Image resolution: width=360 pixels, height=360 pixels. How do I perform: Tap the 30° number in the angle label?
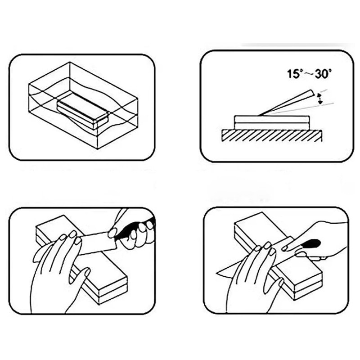[x=323, y=74]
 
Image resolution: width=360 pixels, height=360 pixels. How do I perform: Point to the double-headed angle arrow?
[x=319, y=99]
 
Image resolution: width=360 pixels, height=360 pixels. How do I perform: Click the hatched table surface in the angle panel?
[x=272, y=136]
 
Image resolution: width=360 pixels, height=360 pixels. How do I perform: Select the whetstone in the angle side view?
[x=272, y=122]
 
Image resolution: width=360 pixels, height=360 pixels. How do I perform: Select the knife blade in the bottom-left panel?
[x=96, y=243]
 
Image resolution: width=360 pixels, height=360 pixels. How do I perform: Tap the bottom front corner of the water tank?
[x=98, y=149]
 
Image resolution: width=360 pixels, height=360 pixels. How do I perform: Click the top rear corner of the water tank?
[x=70, y=62]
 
